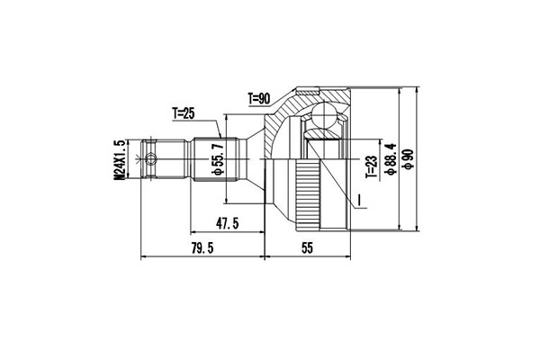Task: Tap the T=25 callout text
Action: pyautogui.click(x=184, y=113)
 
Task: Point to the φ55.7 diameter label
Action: pyautogui.click(x=216, y=158)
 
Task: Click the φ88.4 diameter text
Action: pyautogui.click(x=390, y=159)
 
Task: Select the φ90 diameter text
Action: pyautogui.click(x=409, y=159)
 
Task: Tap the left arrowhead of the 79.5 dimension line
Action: pyautogui.click(x=145, y=257)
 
